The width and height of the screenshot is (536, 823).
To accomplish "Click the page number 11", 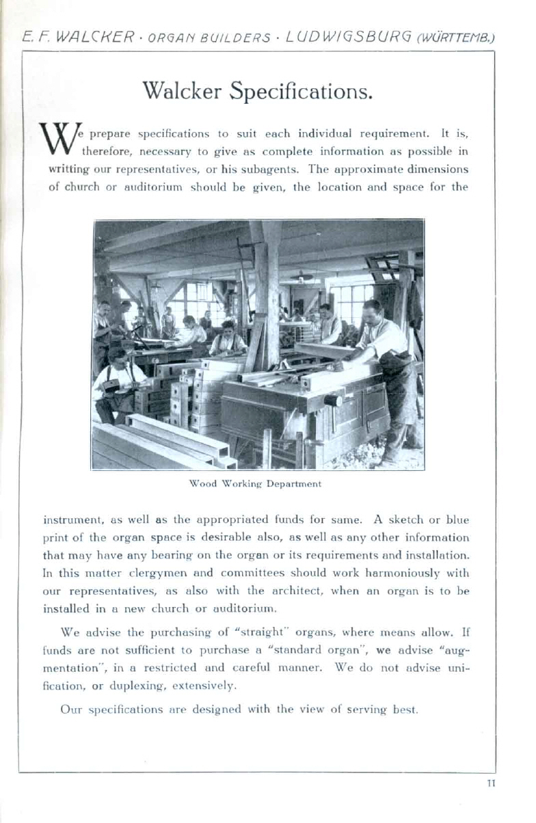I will [490, 783].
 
